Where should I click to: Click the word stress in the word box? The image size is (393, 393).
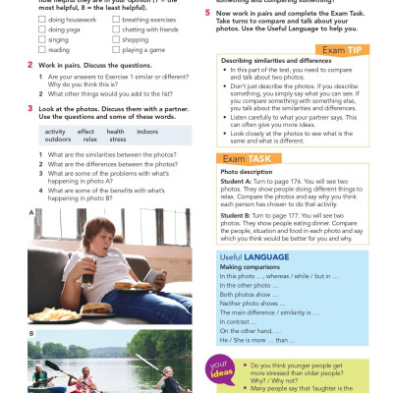coord(117,140)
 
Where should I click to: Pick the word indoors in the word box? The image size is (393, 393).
coord(146,131)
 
